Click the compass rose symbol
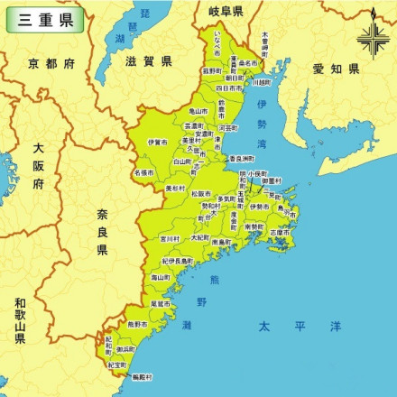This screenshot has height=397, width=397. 372,37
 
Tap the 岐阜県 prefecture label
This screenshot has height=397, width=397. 226,12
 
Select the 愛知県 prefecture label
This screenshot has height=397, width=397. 336,69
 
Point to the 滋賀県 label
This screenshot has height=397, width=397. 148,61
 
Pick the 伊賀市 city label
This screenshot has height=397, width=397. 157,142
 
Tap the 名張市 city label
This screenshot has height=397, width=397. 143,171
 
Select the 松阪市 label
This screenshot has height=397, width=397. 200,193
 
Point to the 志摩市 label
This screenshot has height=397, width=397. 281,231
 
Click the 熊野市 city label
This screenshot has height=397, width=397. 137,322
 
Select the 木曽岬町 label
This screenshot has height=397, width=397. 264,40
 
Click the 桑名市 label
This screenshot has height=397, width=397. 248,64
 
